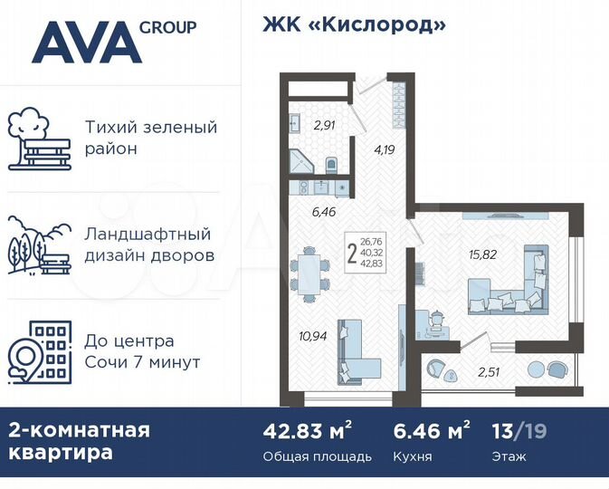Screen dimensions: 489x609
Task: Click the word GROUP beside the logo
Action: pyautogui.click(x=168, y=27)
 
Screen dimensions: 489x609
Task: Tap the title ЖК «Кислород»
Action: pyautogui.click(x=354, y=24)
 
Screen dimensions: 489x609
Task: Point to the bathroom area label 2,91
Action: pyautogui.click(x=324, y=126)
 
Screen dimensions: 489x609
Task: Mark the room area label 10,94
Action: pyautogui.click(x=313, y=336)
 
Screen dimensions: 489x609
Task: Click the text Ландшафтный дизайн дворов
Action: pyautogui.click(x=150, y=244)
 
